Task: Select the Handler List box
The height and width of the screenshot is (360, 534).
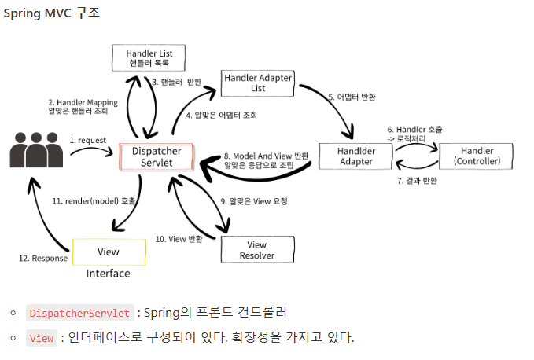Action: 149,58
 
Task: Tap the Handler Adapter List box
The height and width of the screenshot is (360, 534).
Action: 258,83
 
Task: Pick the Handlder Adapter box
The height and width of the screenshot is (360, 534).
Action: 356,156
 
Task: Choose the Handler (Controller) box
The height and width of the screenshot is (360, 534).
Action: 477,156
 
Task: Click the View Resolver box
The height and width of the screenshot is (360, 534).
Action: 257,250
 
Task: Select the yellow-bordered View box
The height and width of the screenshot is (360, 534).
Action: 109,252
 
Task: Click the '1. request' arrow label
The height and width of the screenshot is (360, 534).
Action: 89,140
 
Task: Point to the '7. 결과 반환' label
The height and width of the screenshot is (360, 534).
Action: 418,181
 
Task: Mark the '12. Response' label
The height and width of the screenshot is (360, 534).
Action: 43,259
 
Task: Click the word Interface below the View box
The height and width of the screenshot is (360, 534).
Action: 109,274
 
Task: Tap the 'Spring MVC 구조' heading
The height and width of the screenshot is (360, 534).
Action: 52,15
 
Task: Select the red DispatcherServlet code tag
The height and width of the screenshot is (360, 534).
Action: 79,313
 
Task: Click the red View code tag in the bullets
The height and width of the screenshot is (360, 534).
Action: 42,338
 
